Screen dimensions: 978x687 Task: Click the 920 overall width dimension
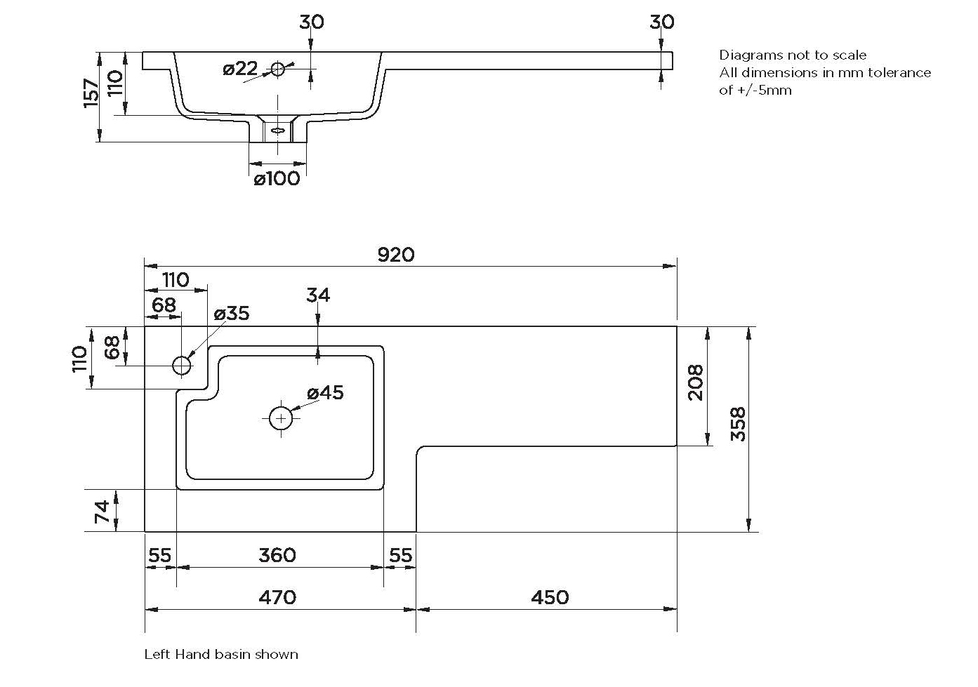coord(395,255)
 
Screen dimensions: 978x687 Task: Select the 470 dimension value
coord(277,597)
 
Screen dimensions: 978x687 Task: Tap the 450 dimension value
coord(550,597)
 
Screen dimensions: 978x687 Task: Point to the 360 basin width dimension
coord(277,555)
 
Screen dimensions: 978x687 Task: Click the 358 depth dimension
coord(739,424)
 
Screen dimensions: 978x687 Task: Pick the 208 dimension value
coord(696,382)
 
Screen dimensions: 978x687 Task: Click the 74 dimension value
coord(103,512)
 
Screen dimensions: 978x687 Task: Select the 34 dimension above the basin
coord(318,295)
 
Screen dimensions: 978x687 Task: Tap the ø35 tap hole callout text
coord(232,314)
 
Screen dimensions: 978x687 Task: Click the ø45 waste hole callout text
coord(325,393)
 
